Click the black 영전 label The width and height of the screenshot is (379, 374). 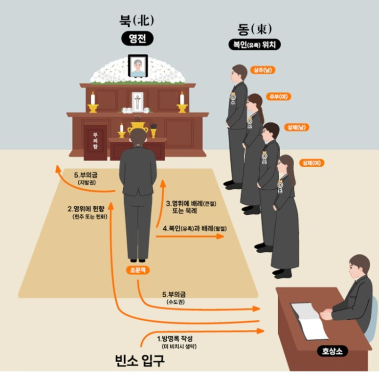pos(137,39)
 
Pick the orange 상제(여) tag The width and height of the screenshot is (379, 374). pos(312,162)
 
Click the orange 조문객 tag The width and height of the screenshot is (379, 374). pos(137,269)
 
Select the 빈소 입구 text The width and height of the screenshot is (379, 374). pos(140,361)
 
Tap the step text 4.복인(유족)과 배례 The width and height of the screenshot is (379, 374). pos(192,229)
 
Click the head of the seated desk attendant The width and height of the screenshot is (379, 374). pos(359,266)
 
